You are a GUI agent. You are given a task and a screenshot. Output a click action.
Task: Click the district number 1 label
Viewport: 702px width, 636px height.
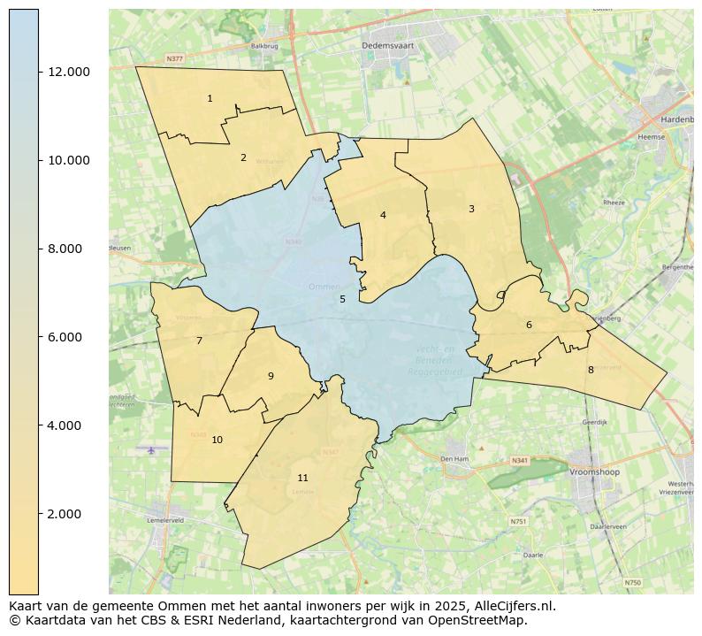point(210,98)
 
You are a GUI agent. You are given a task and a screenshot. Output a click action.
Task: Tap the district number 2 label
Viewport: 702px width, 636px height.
point(243,157)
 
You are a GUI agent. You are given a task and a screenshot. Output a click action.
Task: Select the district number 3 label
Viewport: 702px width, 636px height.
point(471,209)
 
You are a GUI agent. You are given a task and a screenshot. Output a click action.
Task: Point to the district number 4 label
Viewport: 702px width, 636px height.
point(383,215)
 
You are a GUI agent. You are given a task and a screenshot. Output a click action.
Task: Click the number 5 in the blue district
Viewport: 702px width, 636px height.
point(343,299)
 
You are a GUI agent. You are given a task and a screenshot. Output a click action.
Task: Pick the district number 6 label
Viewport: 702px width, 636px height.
point(529,325)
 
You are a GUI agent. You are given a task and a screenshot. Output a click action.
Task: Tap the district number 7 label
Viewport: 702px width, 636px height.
point(199,341)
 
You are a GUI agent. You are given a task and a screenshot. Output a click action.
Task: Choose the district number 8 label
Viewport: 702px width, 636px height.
point(591,370)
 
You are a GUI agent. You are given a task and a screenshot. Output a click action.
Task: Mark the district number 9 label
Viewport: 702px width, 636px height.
point(271,376)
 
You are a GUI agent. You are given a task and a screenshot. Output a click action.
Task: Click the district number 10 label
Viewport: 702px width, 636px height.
point(217,440)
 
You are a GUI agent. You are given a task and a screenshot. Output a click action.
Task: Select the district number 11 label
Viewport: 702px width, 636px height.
point(303,478)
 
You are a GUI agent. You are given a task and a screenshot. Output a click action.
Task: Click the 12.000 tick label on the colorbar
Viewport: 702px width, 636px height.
point(69,72)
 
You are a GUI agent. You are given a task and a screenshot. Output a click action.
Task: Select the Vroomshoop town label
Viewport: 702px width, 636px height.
point(594,472)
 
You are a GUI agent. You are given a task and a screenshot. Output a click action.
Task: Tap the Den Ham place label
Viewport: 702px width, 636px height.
point(454,459)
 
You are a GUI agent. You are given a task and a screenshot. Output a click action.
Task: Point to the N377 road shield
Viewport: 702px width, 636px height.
point(174,59)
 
